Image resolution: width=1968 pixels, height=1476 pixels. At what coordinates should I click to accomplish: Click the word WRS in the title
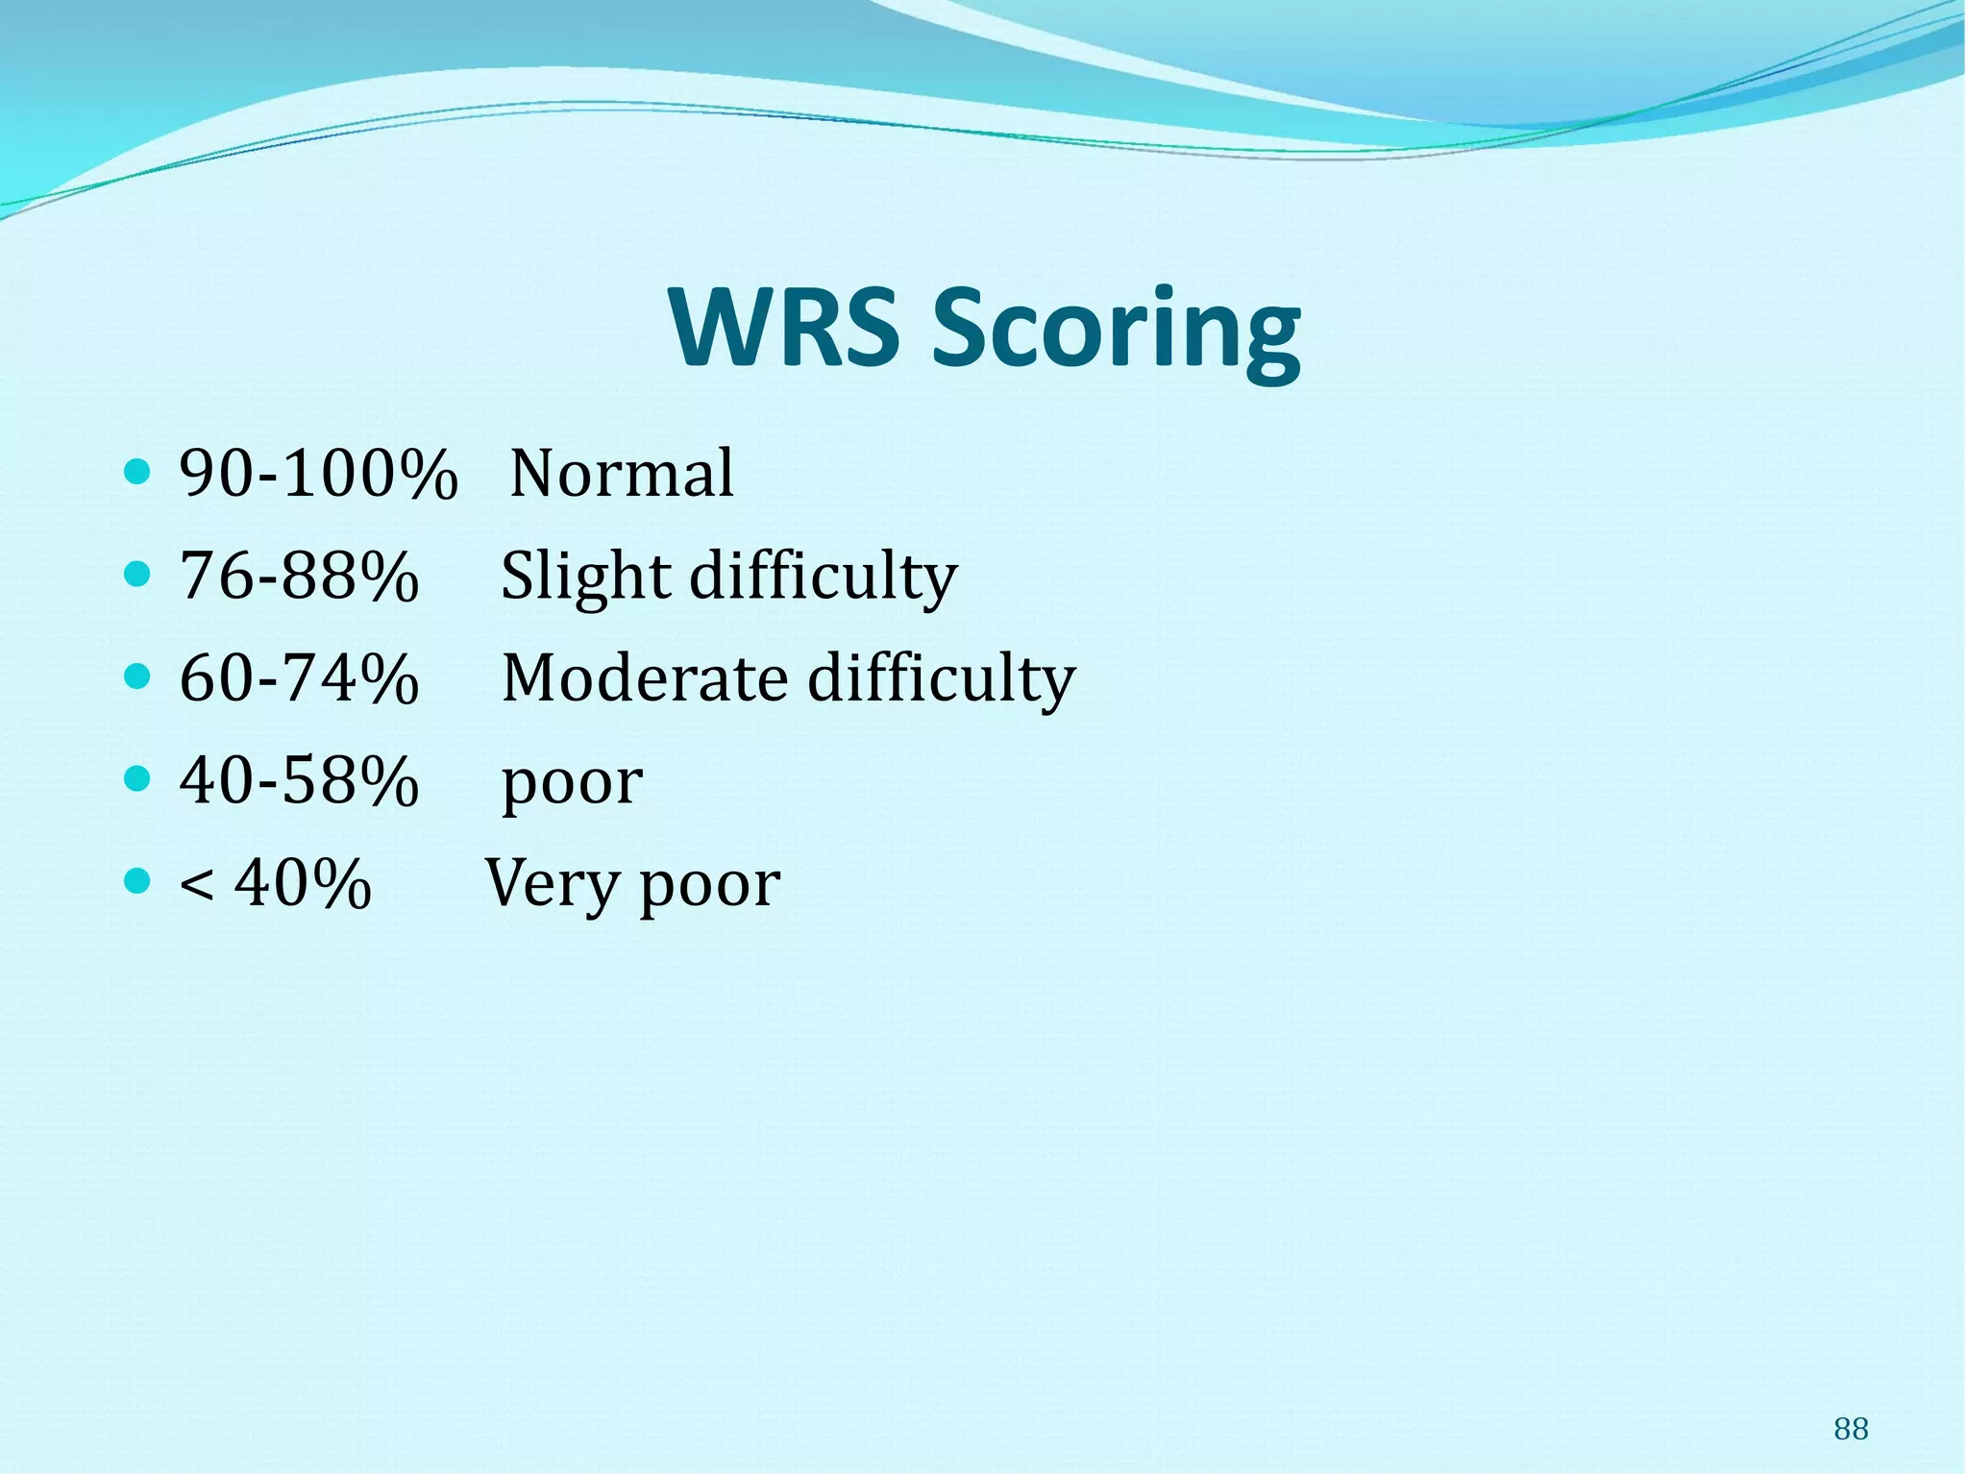pos(783,329)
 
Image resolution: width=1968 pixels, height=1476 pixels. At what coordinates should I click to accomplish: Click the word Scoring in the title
pos(1117,332)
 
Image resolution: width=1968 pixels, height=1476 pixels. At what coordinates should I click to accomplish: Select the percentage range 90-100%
pos(318,474)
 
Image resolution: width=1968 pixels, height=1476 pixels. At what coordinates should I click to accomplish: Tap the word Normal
pos(622,474)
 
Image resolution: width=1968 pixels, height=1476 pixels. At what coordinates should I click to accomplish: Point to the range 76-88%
pos(299,577)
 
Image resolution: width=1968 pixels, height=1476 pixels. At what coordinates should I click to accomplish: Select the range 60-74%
pos(299,678)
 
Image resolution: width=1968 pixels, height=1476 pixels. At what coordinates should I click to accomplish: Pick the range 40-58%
pos(299,780)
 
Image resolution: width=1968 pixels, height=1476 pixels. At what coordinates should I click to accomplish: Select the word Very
pos(551,884)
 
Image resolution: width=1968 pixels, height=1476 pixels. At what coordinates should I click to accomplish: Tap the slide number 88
pos(1850,1430)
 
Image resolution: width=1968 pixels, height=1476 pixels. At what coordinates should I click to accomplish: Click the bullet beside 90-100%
pos(138,472)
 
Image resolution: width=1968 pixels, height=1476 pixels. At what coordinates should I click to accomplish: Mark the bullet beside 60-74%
pos(138,676)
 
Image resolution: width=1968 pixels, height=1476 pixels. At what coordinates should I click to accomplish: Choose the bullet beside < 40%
pos(138,880)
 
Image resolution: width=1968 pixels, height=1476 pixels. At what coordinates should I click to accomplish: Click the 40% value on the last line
pos(303,883)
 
